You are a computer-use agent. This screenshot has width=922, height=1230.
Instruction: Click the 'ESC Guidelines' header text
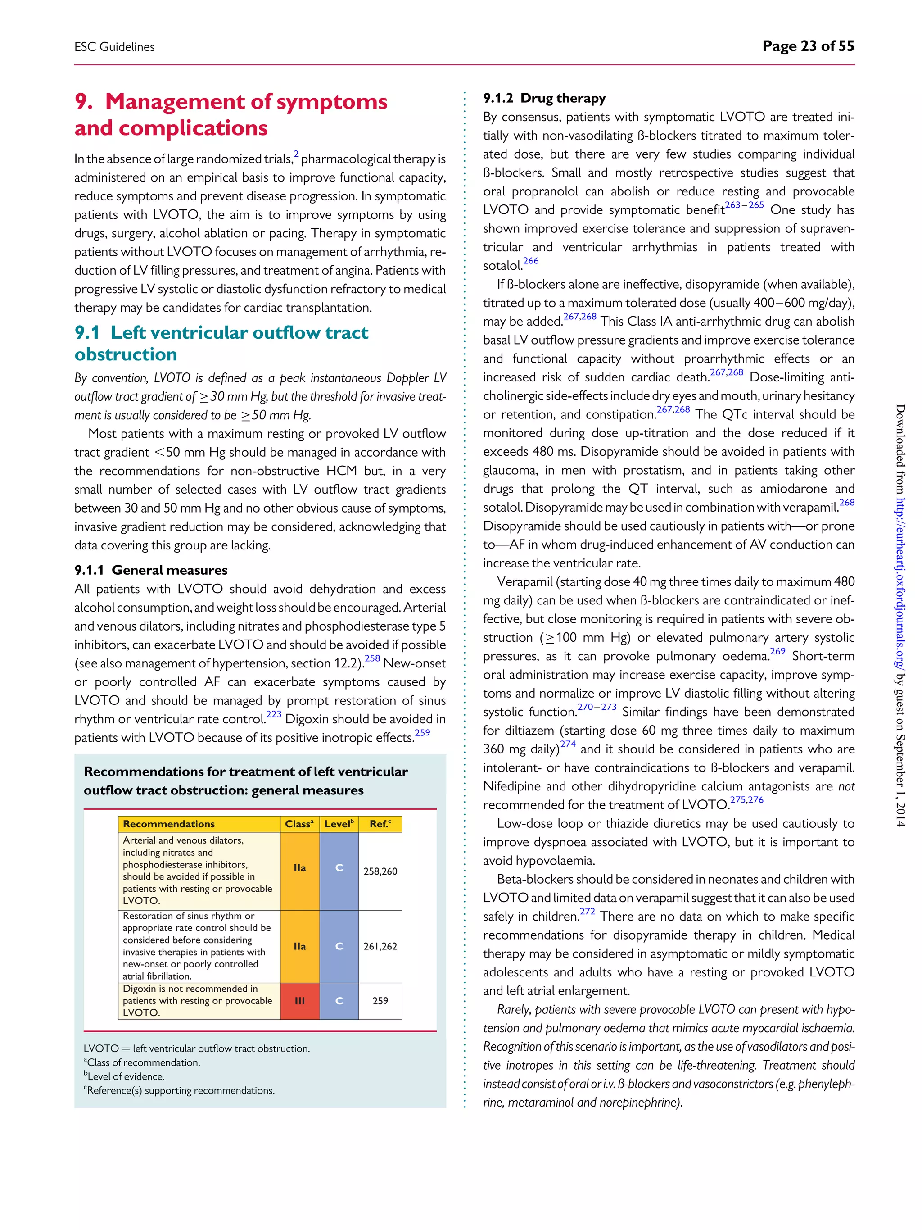(114, 47)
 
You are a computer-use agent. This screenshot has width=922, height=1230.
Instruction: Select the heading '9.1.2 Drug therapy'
(544, 99)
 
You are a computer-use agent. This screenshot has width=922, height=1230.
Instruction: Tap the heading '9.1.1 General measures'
(151, 570)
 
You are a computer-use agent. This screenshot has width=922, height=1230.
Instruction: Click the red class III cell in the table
(299, 1000)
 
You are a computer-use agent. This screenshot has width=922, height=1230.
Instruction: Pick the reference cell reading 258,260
(380, 871)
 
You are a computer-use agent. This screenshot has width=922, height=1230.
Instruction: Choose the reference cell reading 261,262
(380, 946)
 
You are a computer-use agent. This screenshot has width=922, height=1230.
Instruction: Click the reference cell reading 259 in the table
(380, 1000)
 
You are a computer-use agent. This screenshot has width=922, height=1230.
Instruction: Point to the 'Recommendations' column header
(169, 823)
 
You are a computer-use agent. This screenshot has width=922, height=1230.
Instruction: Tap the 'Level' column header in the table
(339, 823)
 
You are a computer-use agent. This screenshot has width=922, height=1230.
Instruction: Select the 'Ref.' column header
(380, 823)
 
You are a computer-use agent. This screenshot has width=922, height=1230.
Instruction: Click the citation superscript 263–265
(744, 205)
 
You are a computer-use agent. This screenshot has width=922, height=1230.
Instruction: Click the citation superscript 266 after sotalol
(531, 261)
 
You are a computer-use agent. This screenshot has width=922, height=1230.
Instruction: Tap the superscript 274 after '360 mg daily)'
(568, 744)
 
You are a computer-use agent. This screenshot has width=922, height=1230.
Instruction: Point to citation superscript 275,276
(746, 799)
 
